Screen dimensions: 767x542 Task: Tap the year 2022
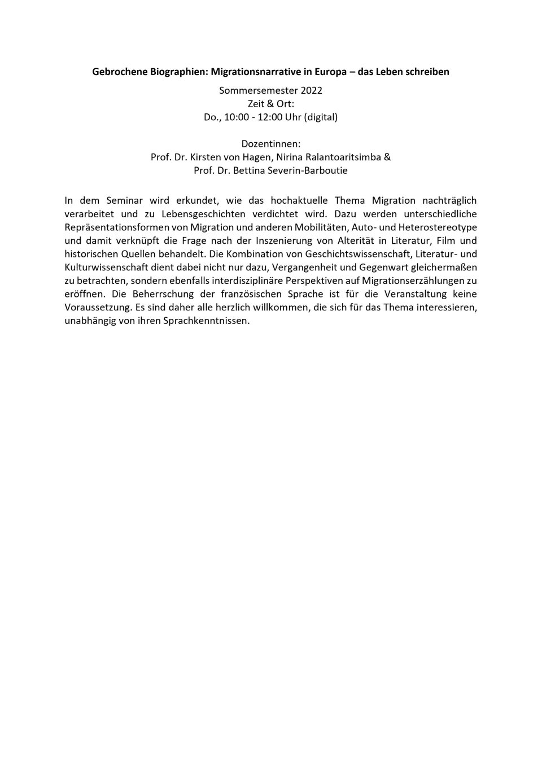coord(312,90)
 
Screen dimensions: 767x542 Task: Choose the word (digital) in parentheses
coord(321,117)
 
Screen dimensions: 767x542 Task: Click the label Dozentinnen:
coord(271,144)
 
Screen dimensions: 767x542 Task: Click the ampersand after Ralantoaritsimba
coord(387,157)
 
